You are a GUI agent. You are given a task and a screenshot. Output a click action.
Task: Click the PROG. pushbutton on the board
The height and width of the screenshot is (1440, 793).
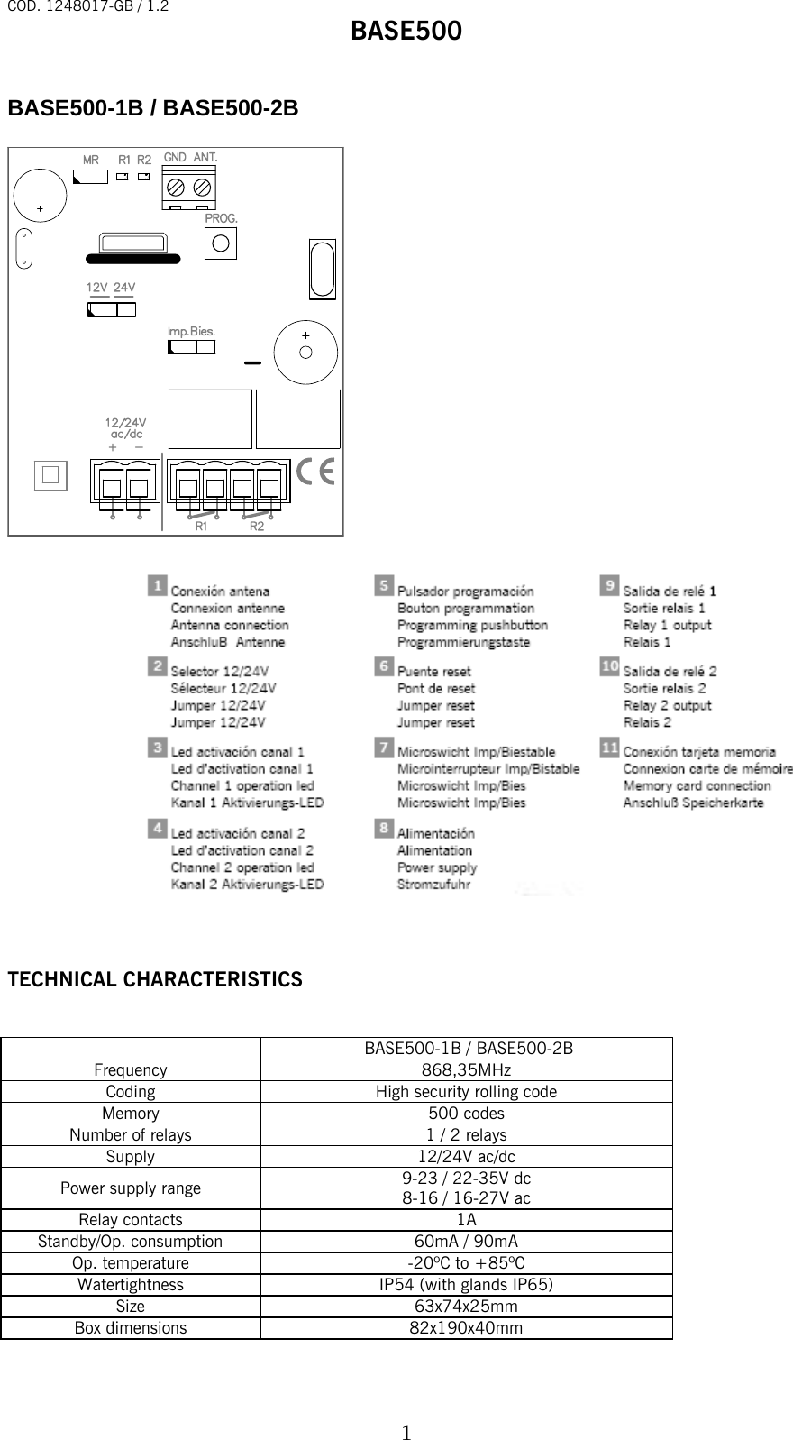(x=221, y=243)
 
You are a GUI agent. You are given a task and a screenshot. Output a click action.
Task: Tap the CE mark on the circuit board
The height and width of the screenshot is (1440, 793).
(x=315, y=472)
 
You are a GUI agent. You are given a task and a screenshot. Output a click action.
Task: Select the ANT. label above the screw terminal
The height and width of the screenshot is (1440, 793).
(x=205, y=157)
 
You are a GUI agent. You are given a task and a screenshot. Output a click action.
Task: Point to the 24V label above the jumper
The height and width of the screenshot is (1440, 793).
(x=124, y=287)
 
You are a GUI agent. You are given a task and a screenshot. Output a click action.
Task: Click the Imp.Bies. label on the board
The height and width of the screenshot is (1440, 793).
(x=191, y=331)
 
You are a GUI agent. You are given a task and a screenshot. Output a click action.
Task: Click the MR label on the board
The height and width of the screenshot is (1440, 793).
(x=91, y=160)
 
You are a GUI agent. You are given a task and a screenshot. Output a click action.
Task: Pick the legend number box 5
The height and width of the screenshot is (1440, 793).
(x=384, y=586)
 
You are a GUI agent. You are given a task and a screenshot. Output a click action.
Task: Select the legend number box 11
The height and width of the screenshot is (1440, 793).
(x=610, y=748)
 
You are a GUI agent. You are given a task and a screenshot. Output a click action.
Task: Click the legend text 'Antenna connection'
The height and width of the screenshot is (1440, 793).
(x=230, y=625)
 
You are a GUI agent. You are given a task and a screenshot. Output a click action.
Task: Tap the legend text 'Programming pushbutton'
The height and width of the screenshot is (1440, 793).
(x=472, y=625)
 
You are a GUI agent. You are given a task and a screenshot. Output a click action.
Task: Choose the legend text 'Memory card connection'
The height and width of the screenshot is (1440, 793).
(x=697, y=785)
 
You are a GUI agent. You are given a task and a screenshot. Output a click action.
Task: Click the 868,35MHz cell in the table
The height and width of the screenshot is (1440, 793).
(x=467, y=1070)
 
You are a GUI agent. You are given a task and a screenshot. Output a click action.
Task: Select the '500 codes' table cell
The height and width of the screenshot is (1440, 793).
(x=467, y=1114)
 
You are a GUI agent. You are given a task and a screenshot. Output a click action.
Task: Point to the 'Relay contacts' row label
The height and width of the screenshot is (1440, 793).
(x=131, y=1220)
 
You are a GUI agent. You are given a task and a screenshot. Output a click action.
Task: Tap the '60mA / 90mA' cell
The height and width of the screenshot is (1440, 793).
(x=467, y=1242)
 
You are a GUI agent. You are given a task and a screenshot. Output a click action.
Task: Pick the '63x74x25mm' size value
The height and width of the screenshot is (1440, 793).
(x=467, y=1307)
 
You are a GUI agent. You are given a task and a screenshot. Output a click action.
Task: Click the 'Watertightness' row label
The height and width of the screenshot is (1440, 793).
(x=131, y=1285)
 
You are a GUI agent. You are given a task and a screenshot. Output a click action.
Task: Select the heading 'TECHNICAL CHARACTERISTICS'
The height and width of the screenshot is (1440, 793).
(x=155, y=979)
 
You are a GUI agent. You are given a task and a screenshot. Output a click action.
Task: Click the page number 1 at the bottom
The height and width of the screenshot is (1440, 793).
(x=406, y=1408)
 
